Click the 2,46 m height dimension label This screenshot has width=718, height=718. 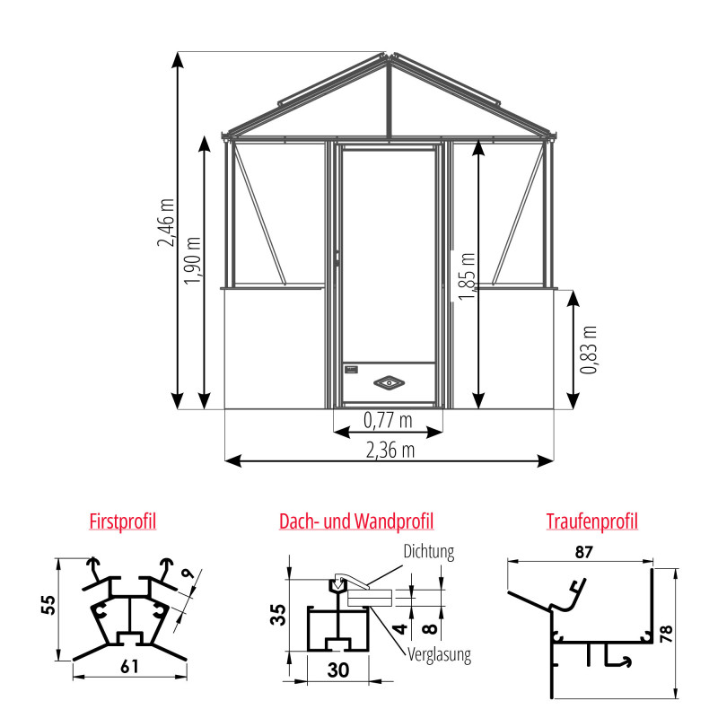pyautogui.click(x=166, y=225)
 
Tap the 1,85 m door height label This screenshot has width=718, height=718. pyautogui.click(x=468, y=277)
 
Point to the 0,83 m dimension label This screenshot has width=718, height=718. pyautogui.click(x=588, y=349)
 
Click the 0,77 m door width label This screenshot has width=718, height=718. pyautogui.click(x=388, y=419)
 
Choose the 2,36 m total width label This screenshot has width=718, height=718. pyautogui.click(x=389, y=449)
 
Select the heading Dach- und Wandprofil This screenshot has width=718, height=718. pyautogui.click(x=356, y=521)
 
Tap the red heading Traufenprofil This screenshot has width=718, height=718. pyautogui.click(x=591, y=521)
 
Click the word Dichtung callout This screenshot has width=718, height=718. pyautogui.click(x=428, y=552)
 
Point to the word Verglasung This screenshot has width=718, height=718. pyautogui.click(x=439, y=654)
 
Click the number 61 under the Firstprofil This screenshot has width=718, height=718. pyautogui.click(x=130, y=666)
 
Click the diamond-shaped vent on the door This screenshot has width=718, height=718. pyautogui.click(x=390, y=382)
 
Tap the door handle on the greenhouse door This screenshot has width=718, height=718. pyautogui.click(x=337, y=258)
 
